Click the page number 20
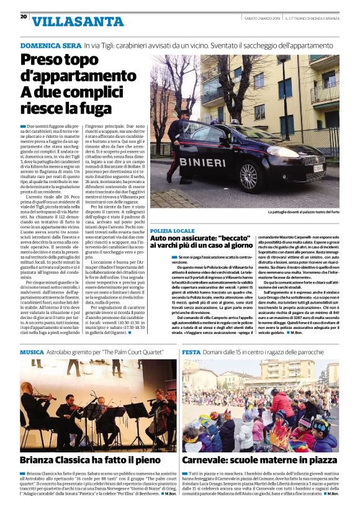[x=23, y=17]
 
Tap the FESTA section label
[x=191, y=352]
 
